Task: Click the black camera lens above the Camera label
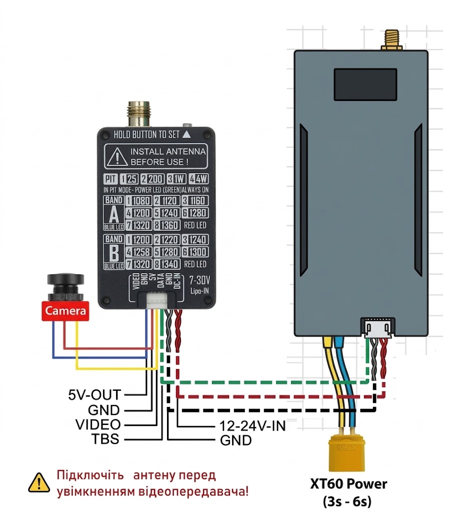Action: [x=65, y=286]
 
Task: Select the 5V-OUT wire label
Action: [x=94, y=394]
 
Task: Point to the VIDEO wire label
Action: [x=97, y=425]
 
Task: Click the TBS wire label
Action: [x=105, y=439]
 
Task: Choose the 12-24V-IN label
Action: [x=252, y=426]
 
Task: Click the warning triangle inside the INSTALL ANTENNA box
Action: [x=117, y=156]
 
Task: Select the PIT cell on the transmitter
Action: [x=111, y=179]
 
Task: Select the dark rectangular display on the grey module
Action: [x=366, y=83]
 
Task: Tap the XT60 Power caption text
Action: [x=348, y=484]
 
